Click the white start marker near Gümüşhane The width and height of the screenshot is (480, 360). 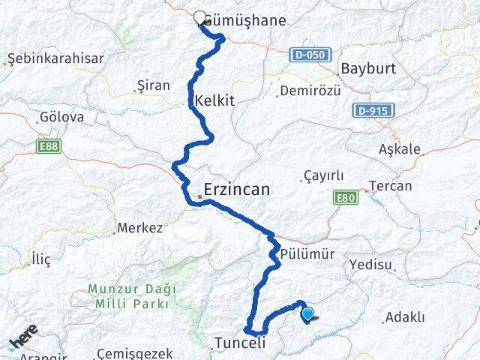199,18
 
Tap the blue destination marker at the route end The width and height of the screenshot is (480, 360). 307,316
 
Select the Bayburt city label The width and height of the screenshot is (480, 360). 367,68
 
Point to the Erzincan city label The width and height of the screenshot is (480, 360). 236,190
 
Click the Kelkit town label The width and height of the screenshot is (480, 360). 214,100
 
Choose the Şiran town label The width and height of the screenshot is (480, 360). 154,85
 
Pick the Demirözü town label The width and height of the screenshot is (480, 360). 310,91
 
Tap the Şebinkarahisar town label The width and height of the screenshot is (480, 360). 55,58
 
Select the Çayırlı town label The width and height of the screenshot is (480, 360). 323,176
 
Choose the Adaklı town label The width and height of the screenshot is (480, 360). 404,318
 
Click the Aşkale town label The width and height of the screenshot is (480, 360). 421,149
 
